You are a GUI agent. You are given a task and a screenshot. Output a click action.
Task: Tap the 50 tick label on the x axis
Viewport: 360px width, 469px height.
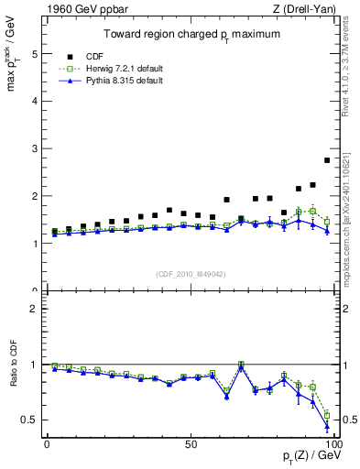(x=190, y=444)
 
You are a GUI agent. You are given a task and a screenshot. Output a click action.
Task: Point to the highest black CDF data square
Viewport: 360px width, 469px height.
(x=327, y=160)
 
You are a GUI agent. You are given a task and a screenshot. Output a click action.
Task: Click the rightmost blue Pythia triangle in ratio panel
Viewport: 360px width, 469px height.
(x=327, y=426)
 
